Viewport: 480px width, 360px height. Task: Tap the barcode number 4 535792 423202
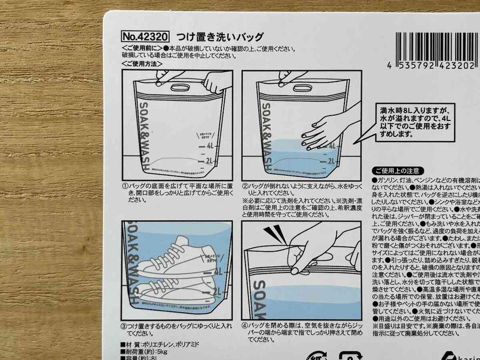coord(425,65)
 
